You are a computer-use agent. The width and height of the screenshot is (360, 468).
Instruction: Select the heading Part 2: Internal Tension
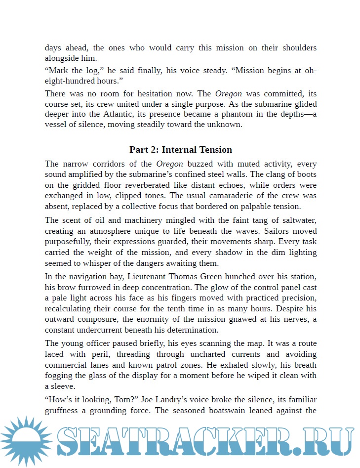[180, 149]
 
